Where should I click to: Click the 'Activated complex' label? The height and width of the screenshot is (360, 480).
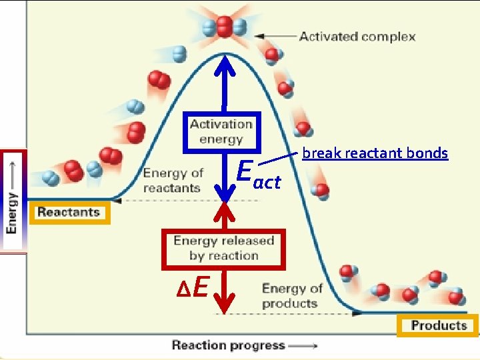coord(357,36)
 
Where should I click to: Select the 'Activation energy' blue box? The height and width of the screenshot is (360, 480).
coord(221,131)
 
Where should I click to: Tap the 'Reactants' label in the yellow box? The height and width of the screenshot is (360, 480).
coord(69,213)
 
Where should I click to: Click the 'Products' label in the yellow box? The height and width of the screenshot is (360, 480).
coord(438,325)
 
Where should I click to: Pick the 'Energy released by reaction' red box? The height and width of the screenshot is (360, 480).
coord(223,248)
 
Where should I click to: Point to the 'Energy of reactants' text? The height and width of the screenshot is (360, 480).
coord(173,180)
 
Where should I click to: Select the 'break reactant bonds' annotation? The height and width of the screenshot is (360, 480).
coord(375,153)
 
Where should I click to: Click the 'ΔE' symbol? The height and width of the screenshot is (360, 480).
coord(193,287)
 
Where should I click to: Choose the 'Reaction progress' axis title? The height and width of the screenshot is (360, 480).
coord(228,345)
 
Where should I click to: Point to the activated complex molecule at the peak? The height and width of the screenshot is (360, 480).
coord(224,26)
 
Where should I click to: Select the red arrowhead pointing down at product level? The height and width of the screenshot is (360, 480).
coord(225,304)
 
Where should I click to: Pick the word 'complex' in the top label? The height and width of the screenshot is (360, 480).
coord(392,36)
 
